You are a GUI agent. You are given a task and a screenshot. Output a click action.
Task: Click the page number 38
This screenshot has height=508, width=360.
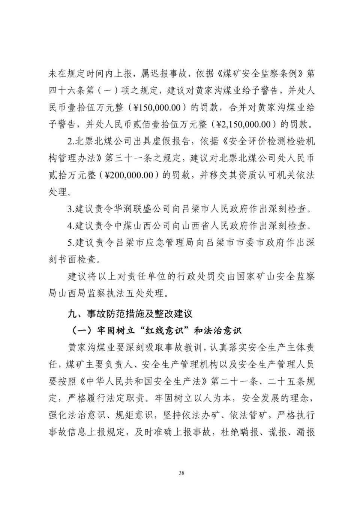point(181,473)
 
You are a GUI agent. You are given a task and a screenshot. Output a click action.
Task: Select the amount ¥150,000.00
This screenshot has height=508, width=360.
point(159,108)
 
